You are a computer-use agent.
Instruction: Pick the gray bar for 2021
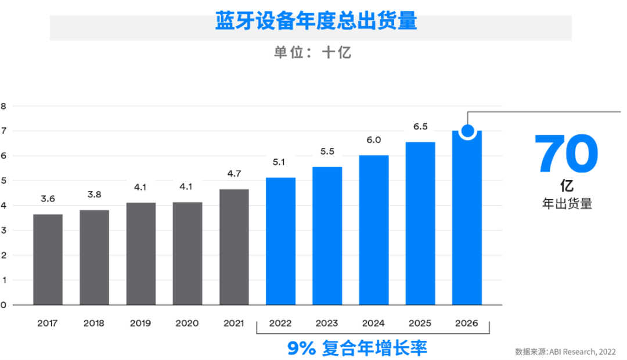pyautogui.click(x=235, y=247)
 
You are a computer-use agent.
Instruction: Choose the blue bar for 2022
pyautogui.click(x=281, y=241)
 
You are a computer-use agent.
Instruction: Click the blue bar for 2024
pyautogui.click(x=374, y=230)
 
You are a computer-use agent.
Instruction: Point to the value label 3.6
pyautogui.click(x=48, y=199)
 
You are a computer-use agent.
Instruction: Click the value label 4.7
pyautogui.click(x=235, y=173)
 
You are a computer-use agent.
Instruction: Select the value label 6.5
pyautogui.click(x=421, y=127)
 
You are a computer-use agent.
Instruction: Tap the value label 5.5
pyautogui.click(x=327, y=152)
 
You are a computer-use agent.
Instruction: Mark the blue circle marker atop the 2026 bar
pyautogui.click(x=467, y=131)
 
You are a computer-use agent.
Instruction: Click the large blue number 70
pyautogui.click(x=566, y=154)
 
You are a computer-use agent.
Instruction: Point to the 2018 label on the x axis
pyautogui.click(x=94, y=323)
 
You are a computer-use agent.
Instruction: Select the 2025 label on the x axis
pyautogui.click(x=421, y=323)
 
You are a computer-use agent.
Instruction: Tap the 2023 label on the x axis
pyautogui.click(x=327, y=323)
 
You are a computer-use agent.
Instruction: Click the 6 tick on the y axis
pyautogui.click(x=3, y=156)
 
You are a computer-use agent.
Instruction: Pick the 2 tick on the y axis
pyautogui.click(x=3, y=255)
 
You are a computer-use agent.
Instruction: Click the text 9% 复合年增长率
pyautogui.click(x=358, y=348)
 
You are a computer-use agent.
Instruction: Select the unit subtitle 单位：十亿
pyautogui.click(x=313, y=52)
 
